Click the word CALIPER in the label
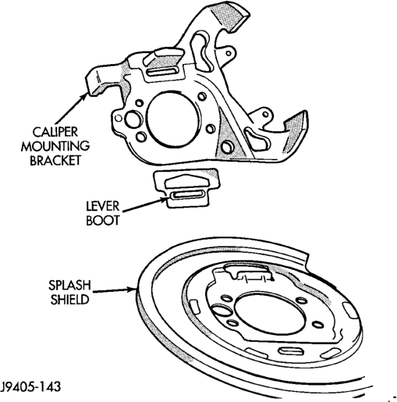pos(55,132)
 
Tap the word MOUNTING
pos(55,146)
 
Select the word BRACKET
pos(55,160)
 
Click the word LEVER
pos(103,207)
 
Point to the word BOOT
pos(102,220)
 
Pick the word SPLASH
pos(69,286)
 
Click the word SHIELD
pos(69,299)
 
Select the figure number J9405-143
pos(30,386)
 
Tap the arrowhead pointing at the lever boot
pos(163,200)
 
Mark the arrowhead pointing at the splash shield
pos(132,290)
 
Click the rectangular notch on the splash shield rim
pos(308,261)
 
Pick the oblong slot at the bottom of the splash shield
pos(291,350)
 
